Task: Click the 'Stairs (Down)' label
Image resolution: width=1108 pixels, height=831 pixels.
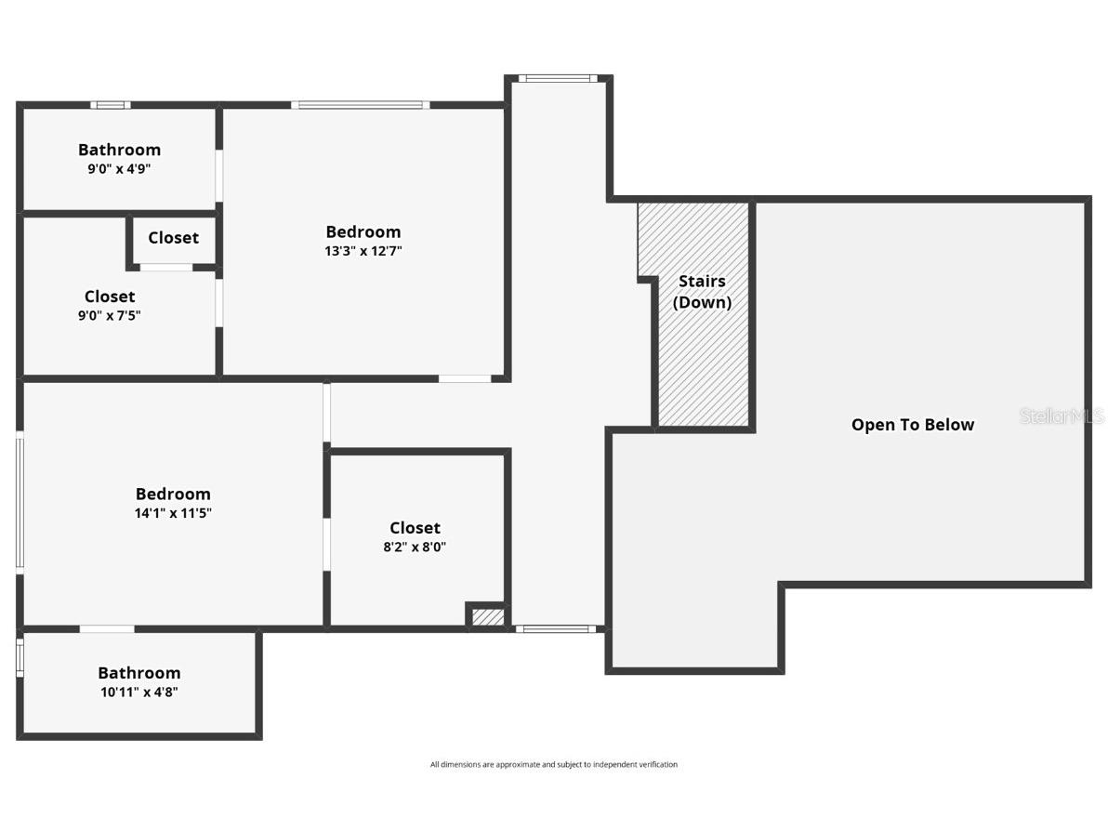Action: click(702, 292)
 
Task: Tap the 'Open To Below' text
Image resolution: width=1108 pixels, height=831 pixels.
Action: click(912, 425)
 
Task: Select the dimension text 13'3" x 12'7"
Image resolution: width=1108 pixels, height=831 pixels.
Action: click(363, 251)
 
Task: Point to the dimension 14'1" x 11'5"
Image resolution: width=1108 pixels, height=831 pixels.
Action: click(173, 513)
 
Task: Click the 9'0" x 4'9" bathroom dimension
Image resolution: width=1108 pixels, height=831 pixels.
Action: click(119, 169)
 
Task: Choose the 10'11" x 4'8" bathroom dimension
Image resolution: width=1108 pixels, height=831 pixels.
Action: click(139, 692)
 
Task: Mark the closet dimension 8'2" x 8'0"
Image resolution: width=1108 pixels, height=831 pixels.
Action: click(415, 547)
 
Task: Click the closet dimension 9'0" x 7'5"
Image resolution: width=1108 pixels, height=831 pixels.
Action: click(110, 315)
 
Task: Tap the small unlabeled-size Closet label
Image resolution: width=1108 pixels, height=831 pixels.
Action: click(173, 238)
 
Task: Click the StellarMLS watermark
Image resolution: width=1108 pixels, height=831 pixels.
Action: click(1062, 416)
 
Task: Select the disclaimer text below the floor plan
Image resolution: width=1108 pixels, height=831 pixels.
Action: click(553, 765)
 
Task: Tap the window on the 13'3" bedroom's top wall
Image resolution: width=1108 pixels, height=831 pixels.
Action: click(360, 105)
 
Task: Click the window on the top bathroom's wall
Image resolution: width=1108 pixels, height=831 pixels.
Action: click(111, 105)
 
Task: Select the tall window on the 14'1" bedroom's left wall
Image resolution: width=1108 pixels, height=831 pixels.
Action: click(20, 502)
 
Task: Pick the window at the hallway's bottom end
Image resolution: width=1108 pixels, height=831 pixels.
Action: click(556, 629)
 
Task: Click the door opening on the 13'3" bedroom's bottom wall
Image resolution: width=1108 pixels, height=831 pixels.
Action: click(465, 378)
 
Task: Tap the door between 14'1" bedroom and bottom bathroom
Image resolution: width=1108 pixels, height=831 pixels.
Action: click(107, 629)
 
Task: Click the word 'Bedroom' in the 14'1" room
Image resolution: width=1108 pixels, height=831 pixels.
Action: click(173, 494)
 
